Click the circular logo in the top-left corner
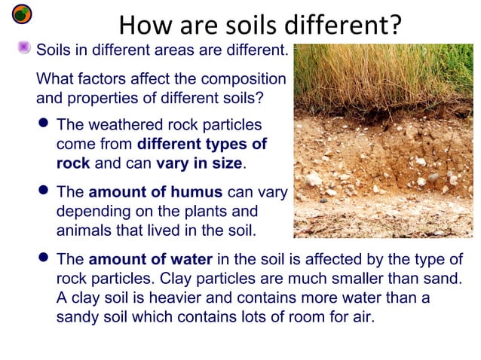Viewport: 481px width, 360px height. [x=23, y=14]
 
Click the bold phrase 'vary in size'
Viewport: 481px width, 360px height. [x=200, y=163]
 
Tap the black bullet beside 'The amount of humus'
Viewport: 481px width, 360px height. [x=44, y=192]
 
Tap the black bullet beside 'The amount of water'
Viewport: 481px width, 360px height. [x=44, y=259]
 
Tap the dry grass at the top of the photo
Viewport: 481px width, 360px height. [x=384, y=75]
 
